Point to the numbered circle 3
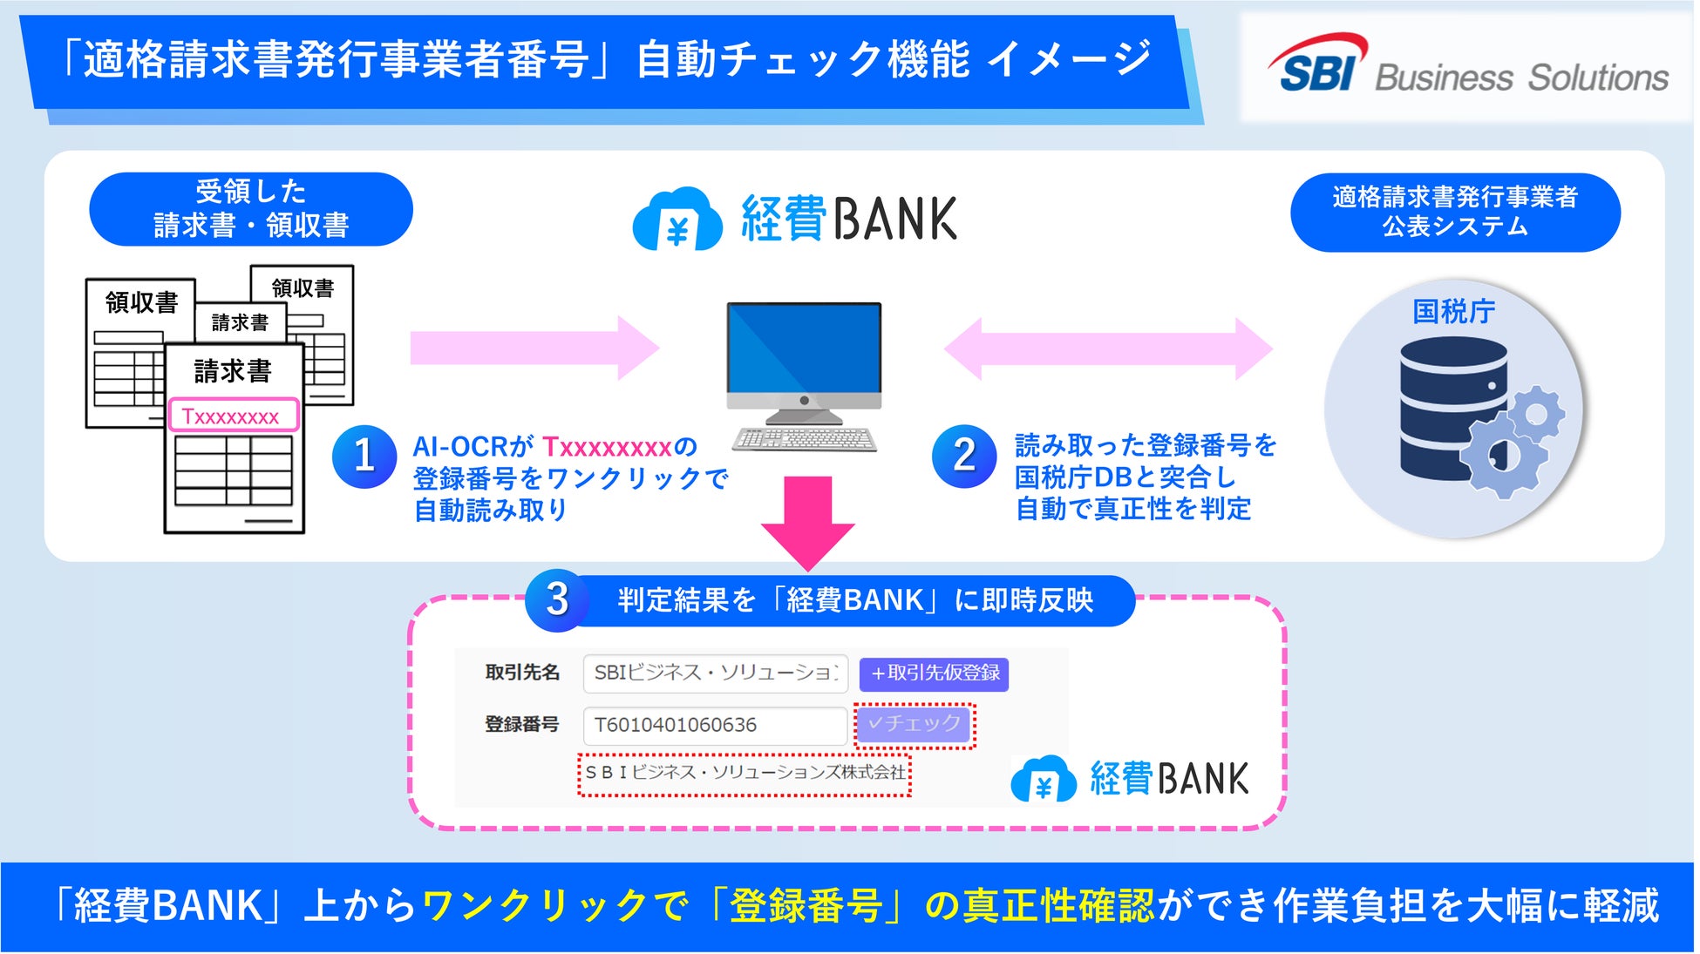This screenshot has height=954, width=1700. [x=557, y=600]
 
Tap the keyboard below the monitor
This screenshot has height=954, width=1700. [x=804, y=438]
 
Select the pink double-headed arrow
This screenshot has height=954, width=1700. [x=1108, y=348]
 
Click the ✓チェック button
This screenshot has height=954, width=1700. [x=914, y=724]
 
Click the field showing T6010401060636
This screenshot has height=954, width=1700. [x=715, y=725]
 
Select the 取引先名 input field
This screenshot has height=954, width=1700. [x=715, y=673]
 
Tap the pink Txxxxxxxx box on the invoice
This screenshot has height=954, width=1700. [x=233, y=416]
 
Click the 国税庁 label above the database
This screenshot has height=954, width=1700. [x=1453, y=311]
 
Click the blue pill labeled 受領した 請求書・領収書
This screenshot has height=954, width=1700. [x=251, y=209]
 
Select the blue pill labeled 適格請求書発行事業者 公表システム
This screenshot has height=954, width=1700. [x=1454, y=213]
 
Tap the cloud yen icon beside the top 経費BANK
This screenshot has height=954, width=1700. [x=677, y=220]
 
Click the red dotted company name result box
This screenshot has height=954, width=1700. [x=745, y=774]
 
